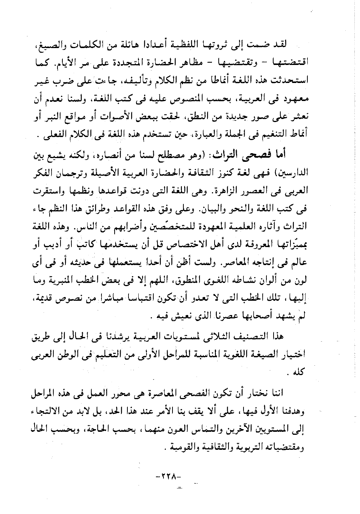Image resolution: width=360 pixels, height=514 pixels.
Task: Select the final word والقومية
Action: (x=183, y=448)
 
